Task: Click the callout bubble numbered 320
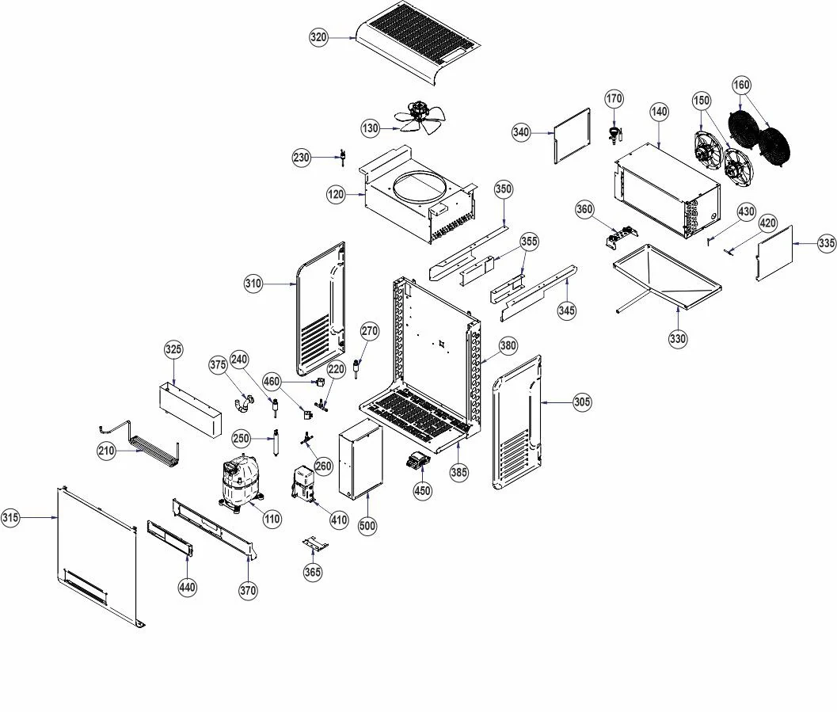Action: [318, 37]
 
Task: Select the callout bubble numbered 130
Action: [371, 128]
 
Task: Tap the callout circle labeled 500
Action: [367, 526]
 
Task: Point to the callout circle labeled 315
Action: [10, 517]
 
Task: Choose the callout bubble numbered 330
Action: [678, 338]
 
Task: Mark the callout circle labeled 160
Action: [741, 85]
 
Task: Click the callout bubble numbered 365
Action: [313, 572]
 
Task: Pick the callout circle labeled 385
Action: [459, 472]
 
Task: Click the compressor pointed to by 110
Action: [241, 482]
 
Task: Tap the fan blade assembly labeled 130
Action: [419, 116]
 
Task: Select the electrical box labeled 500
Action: [360, 459]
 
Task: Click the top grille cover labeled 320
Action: [419, 42]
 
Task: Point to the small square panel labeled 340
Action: [572, 136]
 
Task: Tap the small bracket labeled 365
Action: [315, 544]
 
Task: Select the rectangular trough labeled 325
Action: [190, 409]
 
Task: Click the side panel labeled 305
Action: [516, 421]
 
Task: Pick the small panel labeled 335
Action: [774, 253]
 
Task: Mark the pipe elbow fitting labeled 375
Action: [243, 403]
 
